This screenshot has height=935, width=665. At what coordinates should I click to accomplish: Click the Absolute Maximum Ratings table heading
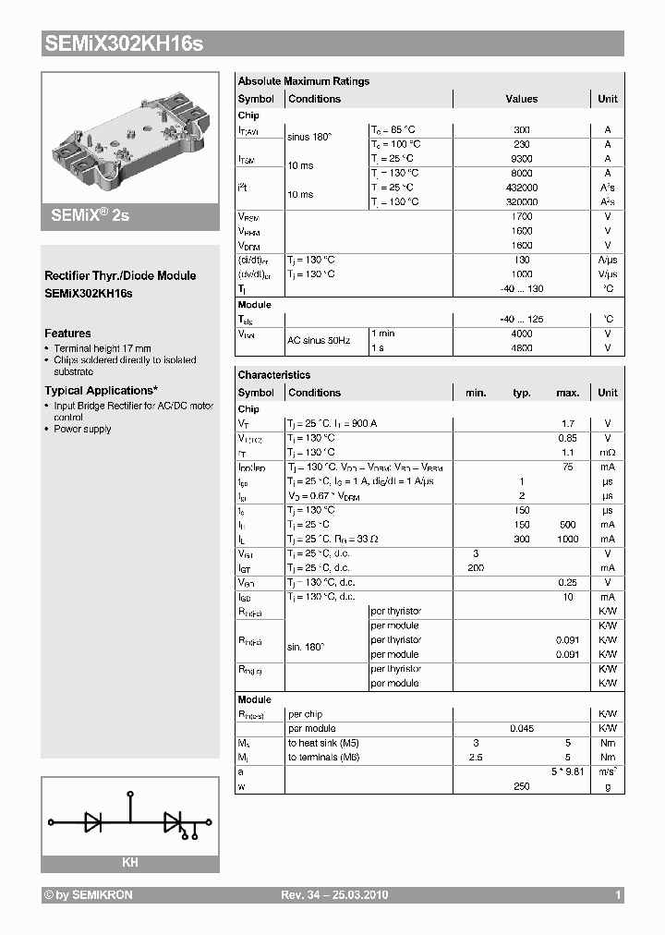point(303,81)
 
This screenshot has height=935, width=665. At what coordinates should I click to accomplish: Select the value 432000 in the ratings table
point(522,188)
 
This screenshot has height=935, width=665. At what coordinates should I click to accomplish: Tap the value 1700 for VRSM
point(522,216)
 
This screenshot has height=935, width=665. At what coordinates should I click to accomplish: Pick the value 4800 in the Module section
point(522,348)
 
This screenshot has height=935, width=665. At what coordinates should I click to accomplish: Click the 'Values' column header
point(522,99)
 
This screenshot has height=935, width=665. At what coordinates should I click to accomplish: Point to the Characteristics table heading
point(274,375)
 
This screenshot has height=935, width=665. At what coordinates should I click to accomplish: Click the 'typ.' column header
point(522,393)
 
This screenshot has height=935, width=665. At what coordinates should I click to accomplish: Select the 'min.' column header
point(476,393)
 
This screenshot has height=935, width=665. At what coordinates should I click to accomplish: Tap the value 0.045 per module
point(522,729)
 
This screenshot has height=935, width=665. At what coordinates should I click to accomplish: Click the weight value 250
point(522,786)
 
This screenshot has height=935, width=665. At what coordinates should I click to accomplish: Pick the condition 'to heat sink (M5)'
point(324,743)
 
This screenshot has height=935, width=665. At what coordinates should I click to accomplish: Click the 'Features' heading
point(67,334)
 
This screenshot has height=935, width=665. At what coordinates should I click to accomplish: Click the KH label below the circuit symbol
point(130,862)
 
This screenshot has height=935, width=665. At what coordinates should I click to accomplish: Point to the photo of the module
point(130,136)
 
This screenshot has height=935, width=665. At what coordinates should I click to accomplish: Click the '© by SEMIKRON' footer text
point(88,895)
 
